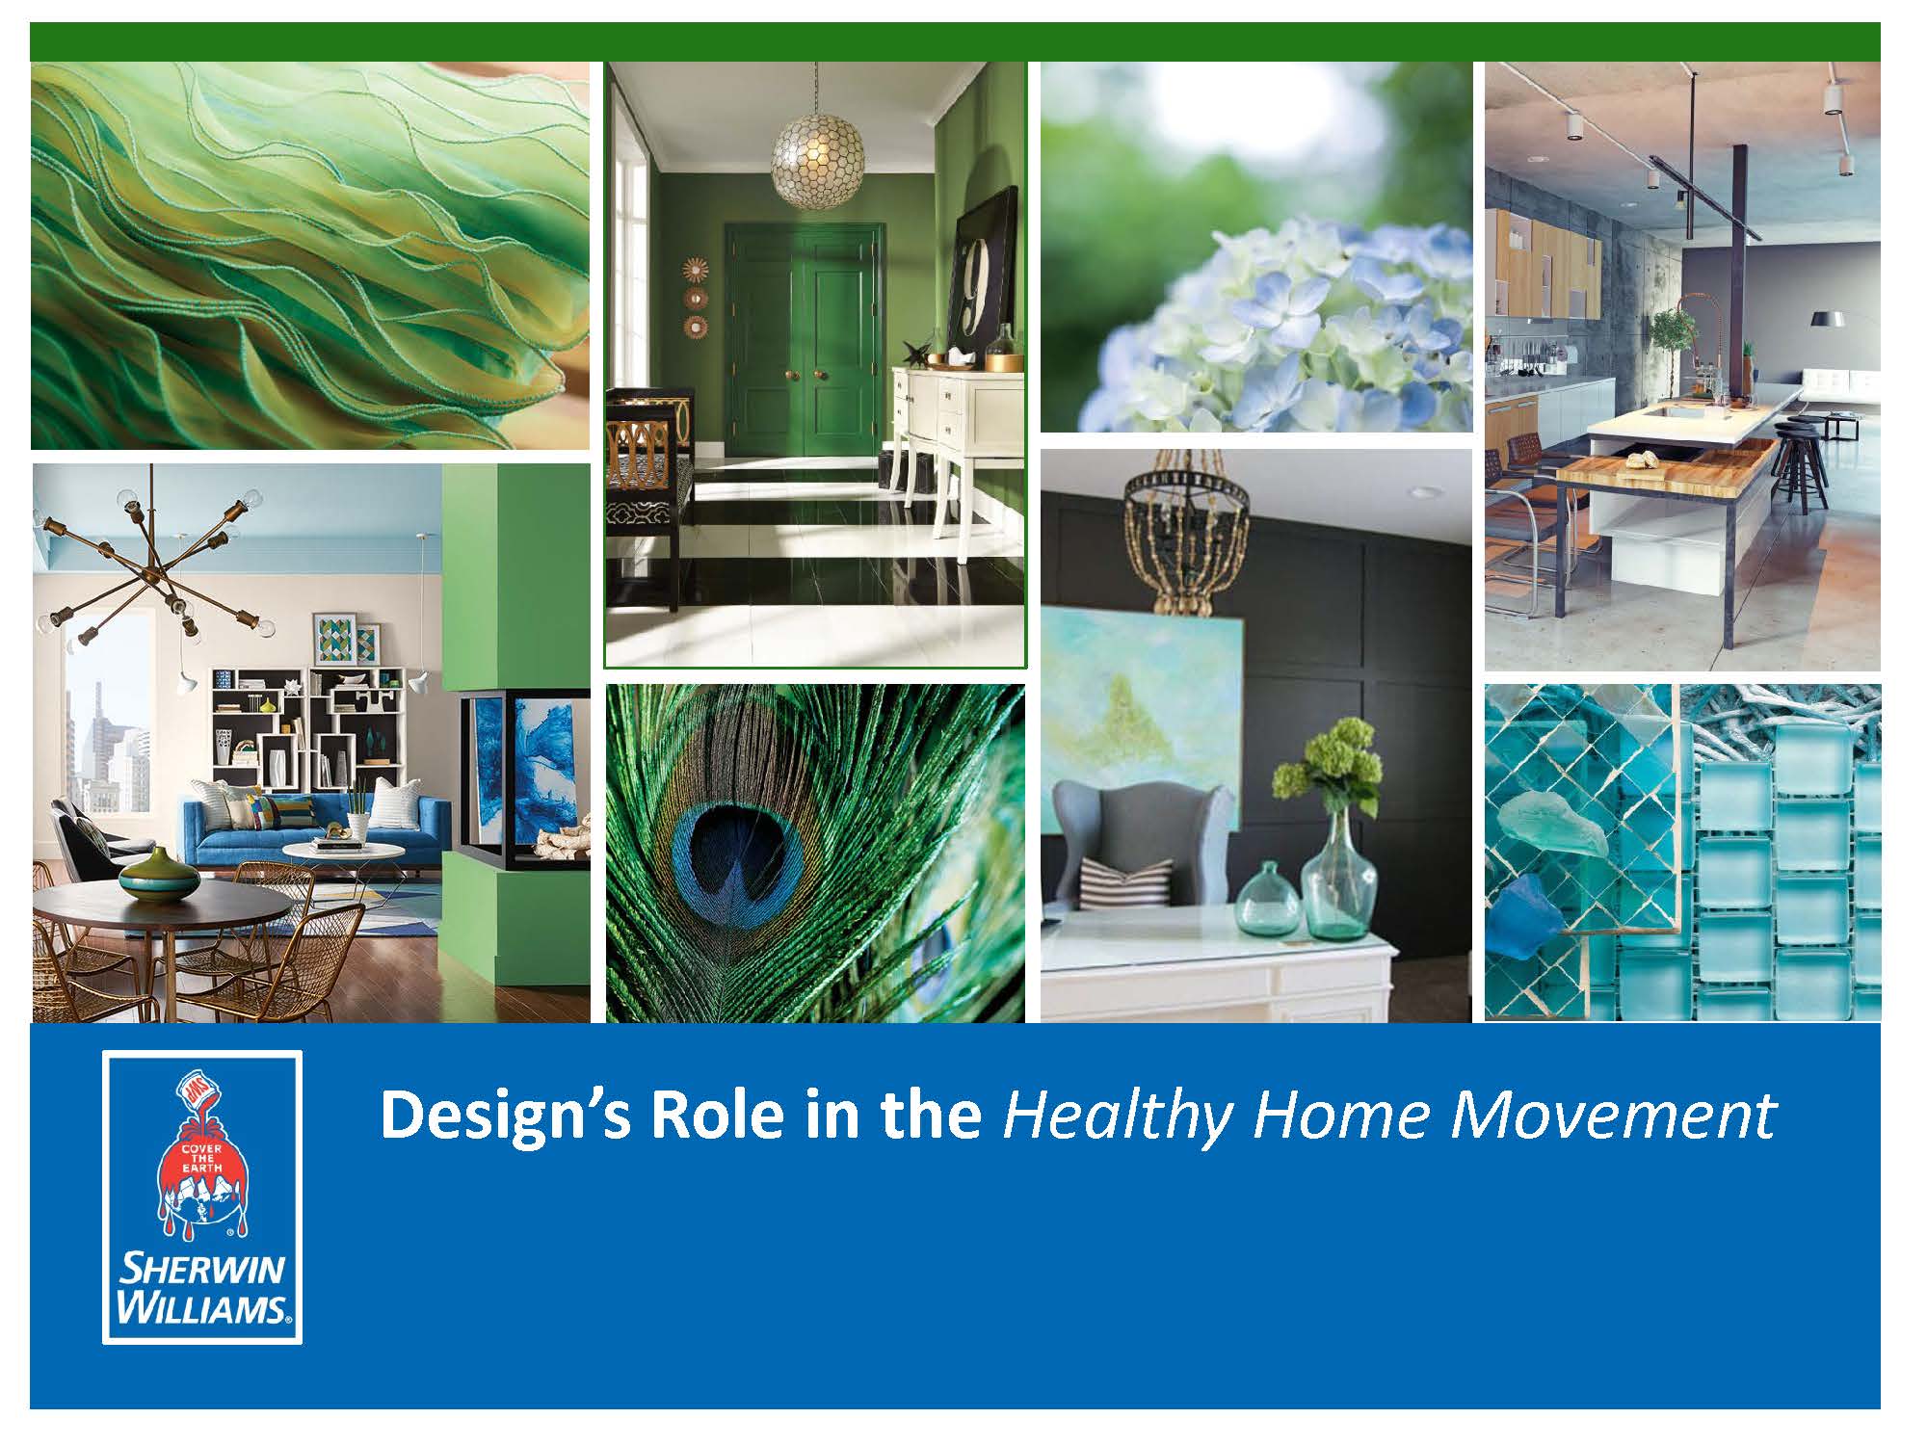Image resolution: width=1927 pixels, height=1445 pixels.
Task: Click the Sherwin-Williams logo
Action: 202,1196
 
